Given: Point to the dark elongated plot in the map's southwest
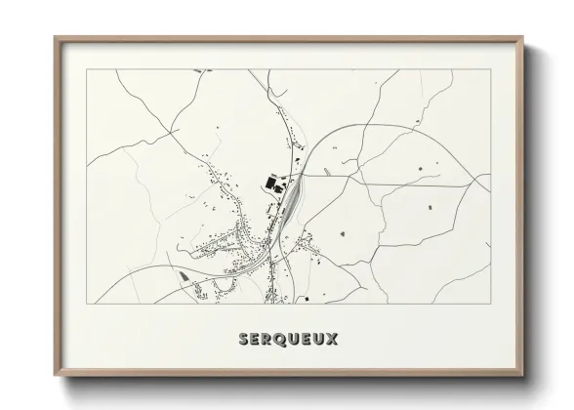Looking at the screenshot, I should [184, 275].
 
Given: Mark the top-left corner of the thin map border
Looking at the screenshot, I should [87, 69].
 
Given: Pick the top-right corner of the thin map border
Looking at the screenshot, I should [489, 69].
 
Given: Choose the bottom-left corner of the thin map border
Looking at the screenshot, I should [87, 304].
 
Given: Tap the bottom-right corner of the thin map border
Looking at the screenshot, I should [489, 304].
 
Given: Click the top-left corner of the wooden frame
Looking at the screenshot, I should [54, 37].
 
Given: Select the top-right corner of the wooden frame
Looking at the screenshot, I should [523, 37].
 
